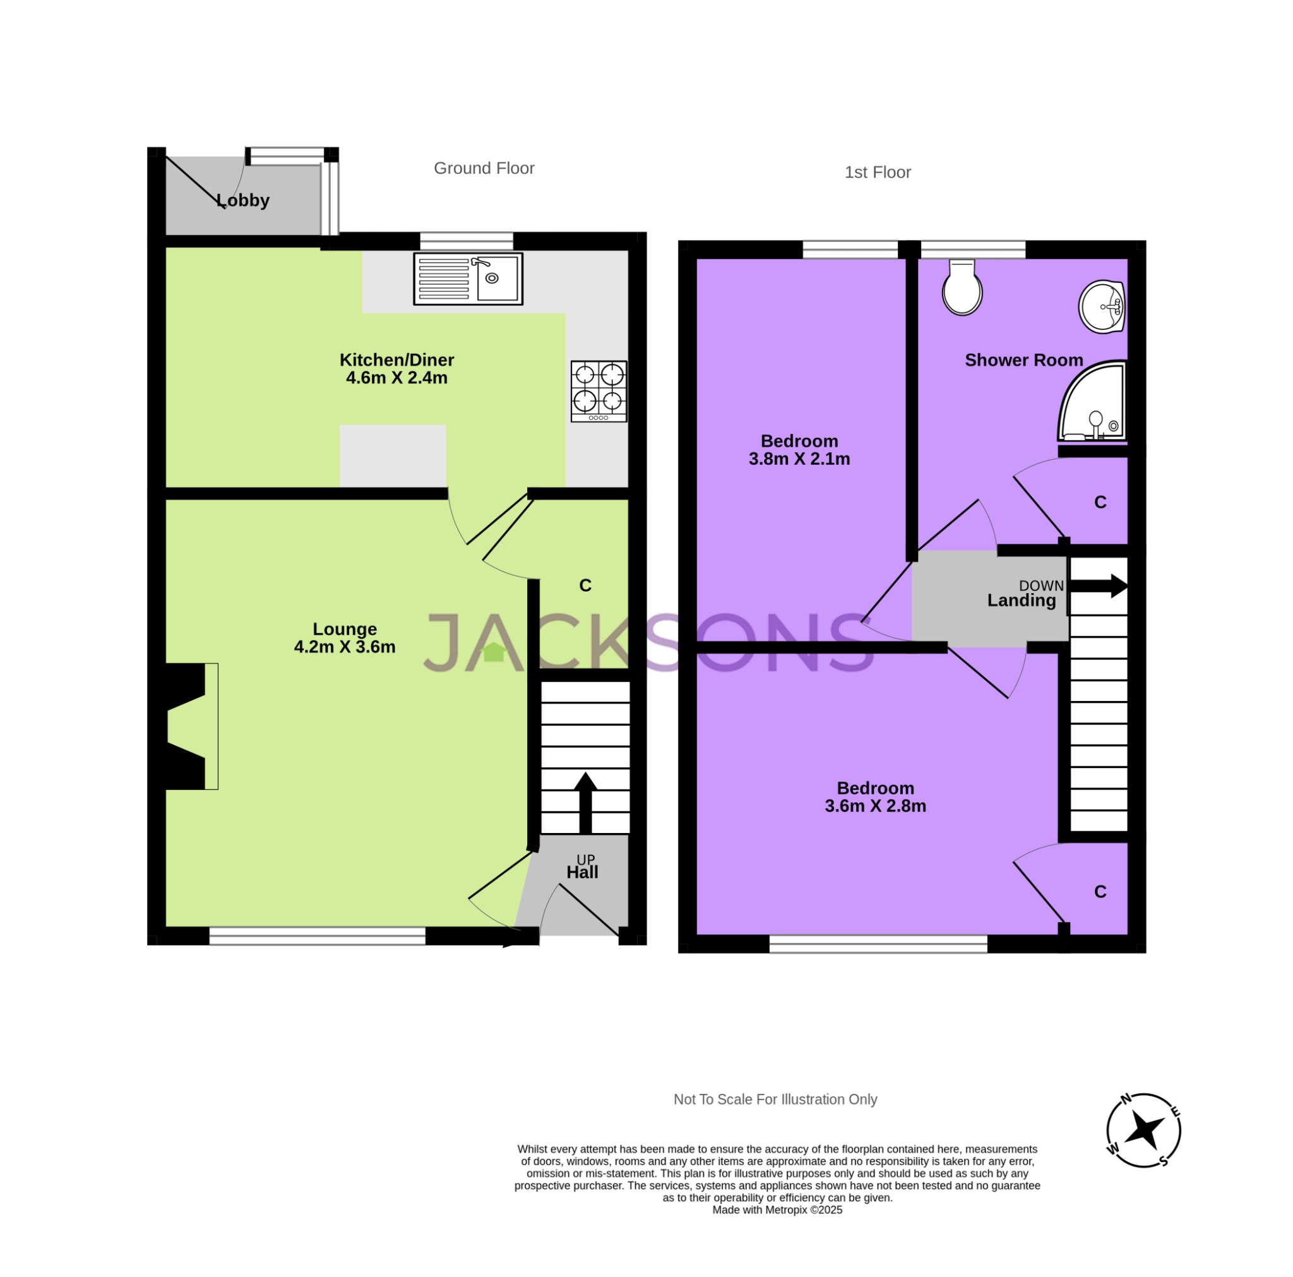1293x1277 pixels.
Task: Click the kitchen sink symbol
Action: coord(468,279)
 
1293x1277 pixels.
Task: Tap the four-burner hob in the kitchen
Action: coord(599,391)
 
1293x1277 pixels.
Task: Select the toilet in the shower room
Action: coord(962,289)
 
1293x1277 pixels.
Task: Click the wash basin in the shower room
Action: coord(1101,307)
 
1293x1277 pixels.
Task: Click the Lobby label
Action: coord(243,200)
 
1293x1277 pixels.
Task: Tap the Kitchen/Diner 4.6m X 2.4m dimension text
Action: coord(396,378)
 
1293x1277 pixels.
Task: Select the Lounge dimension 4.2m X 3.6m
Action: coord(345,647)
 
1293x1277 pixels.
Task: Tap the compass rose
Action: coord(1143,1131)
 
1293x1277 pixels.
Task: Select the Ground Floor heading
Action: coord(484,168)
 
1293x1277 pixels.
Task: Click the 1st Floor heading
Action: coord(878,172)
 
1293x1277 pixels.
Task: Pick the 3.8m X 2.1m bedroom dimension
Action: coord(799,459)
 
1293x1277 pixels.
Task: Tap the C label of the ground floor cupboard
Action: coord(585,585)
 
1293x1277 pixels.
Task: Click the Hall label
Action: coord(582,872)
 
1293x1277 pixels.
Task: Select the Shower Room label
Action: coord(1023,360)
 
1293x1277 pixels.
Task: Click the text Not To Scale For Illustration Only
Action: coord(775,1099)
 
